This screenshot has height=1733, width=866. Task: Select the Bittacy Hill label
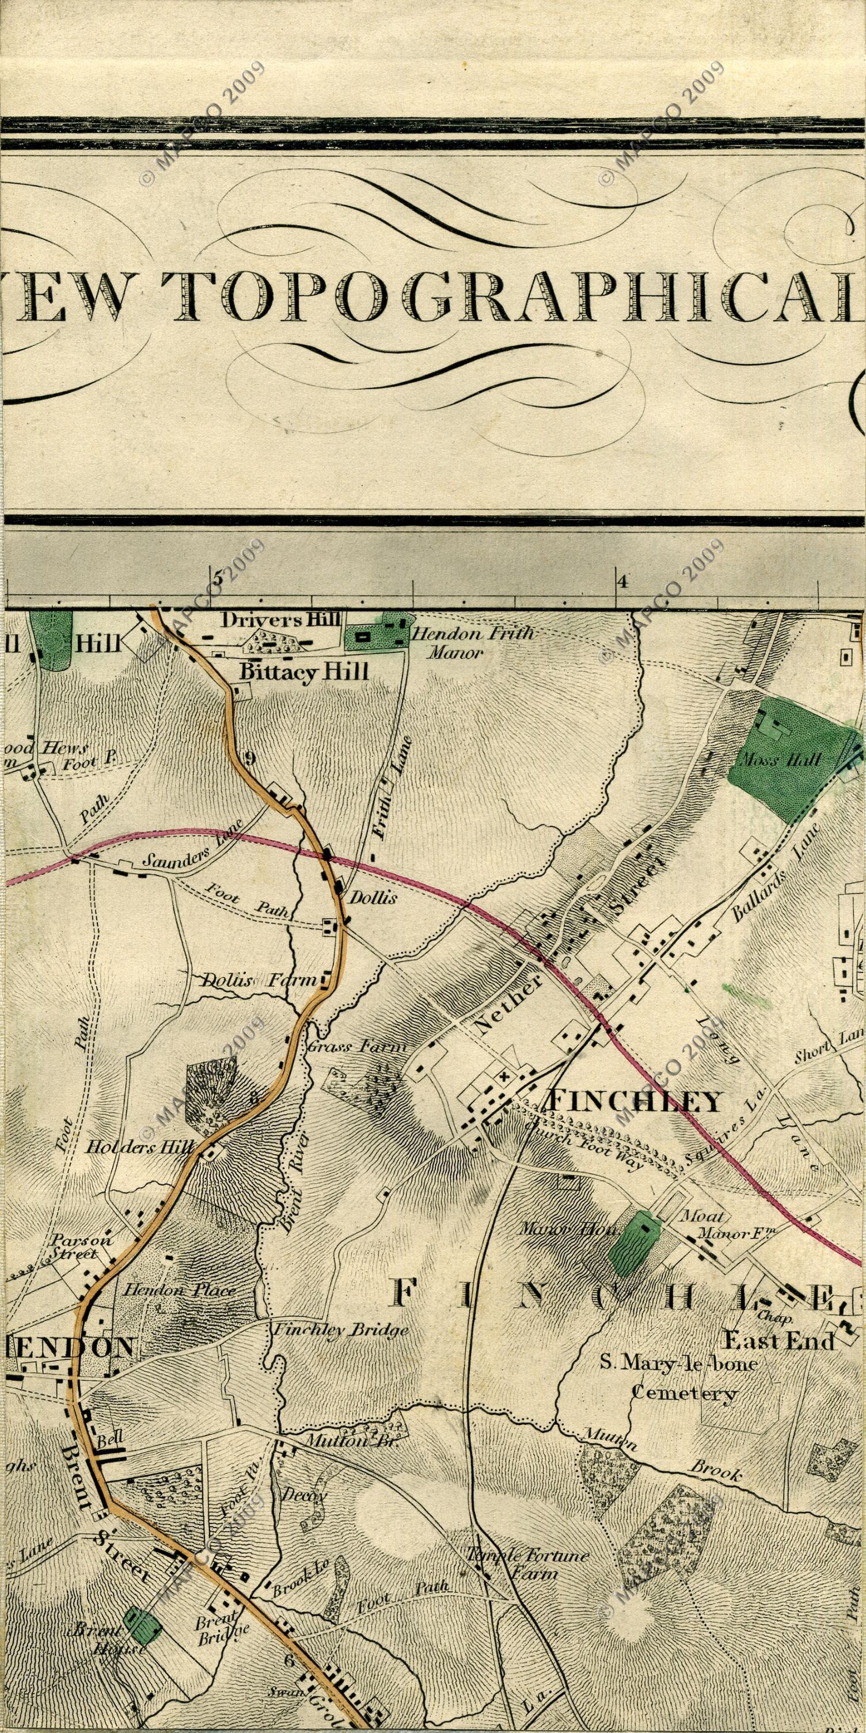(304, 671)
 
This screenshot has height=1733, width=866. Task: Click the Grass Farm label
(358, 1047)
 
